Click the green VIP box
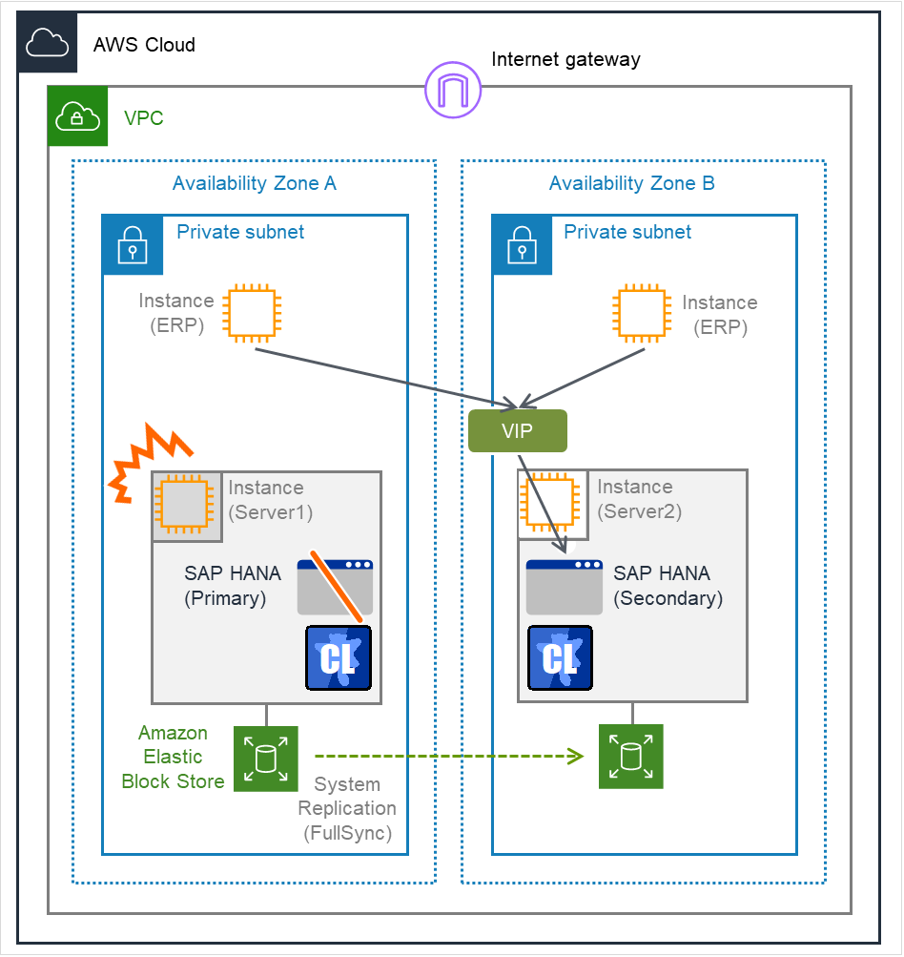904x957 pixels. (x=518, y=431)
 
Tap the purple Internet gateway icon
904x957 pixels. (x=453, y=91)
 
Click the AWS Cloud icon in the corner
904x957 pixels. (x=48, y=43)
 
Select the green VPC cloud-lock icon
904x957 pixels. (x=78, y=116)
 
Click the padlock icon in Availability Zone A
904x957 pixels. (x=133, y=244)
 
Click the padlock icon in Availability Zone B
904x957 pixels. (x=522, y=244)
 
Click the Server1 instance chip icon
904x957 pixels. (x=186, y=505)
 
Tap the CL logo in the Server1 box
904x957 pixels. (x=339, y=658)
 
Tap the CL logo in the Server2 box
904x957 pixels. (x=560, y=658)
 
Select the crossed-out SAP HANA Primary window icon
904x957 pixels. (x=335, y=587)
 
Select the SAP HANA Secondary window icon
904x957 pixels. (x=565, y=587)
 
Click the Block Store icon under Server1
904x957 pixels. (x=266, y=759)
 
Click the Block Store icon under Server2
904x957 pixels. (x=630, y=757)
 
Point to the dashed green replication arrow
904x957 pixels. (x=448, y=758)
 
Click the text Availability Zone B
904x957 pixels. (x=631, y=184)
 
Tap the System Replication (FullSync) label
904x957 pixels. (x=347, y=808)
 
